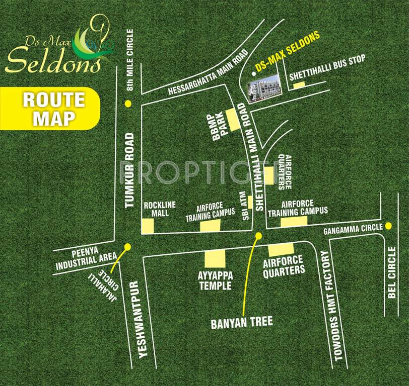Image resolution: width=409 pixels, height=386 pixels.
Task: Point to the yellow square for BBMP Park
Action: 233,118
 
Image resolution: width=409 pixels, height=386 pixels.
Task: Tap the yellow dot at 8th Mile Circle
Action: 128,104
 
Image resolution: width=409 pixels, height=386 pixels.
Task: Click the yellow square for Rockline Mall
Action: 148,226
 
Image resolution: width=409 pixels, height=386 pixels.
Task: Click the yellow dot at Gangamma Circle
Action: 388,226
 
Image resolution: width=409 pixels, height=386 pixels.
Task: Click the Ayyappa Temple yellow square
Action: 215,259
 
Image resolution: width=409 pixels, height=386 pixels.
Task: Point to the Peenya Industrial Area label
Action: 86,257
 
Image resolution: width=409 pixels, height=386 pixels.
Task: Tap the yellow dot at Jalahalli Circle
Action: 127,246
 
